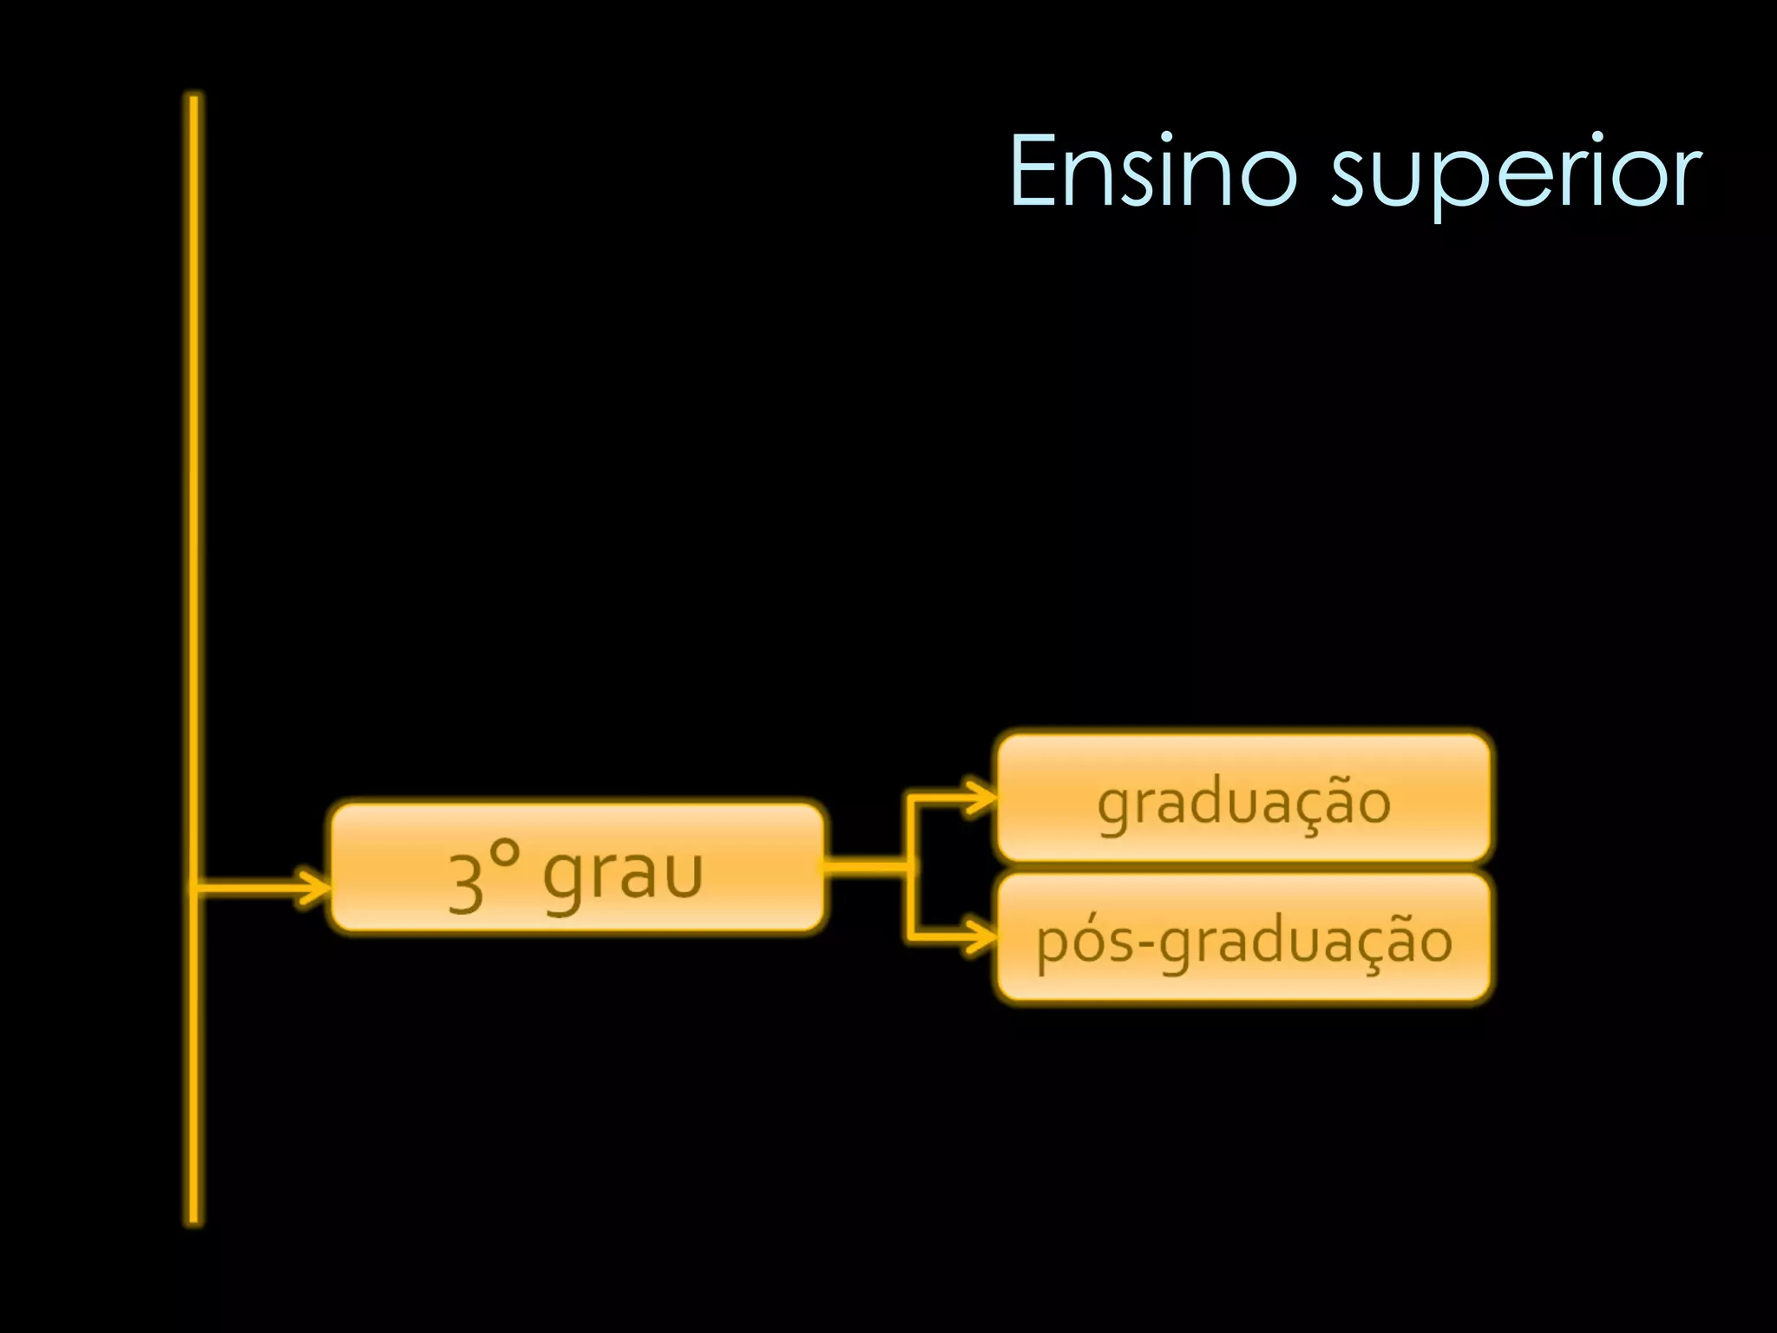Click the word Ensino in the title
(x=1153, y=171)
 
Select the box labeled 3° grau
(x=577, y=867)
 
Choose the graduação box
(x=1243, y=798)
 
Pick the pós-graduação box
(x=1243, y=938)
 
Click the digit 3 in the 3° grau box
(x=466, y=883)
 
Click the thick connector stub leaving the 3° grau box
(x=864, y=866)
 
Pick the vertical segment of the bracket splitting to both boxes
(x=908, y=868)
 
